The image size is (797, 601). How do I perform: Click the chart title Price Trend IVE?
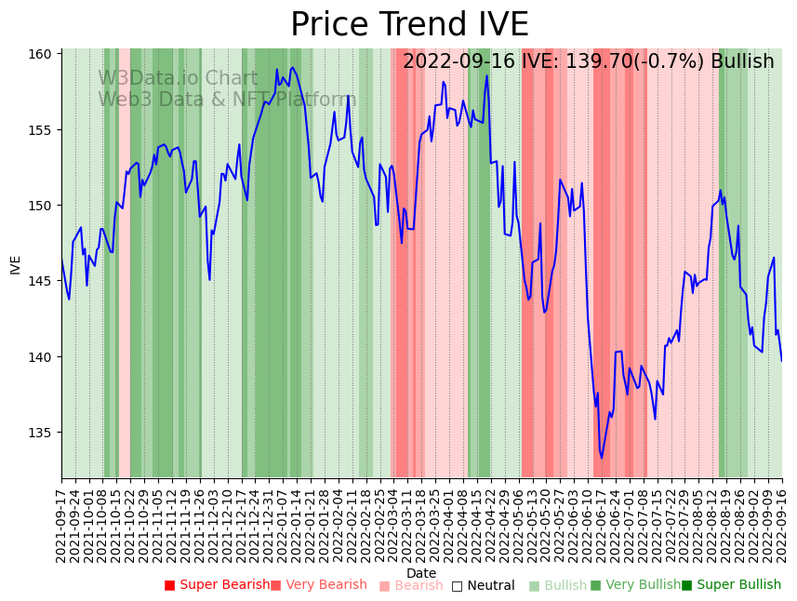click(x=409, y=25)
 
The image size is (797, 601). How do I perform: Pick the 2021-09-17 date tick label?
click(x=61, y=522)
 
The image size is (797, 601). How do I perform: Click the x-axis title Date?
click(x=421, y=574)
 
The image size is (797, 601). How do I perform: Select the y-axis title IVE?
click(x=16, y=264)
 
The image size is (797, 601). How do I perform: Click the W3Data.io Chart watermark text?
click(x=178, y=79)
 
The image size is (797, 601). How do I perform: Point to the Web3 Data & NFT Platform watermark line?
click(x=227, y=100)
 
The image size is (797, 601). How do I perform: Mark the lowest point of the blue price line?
click(x=602, y=458)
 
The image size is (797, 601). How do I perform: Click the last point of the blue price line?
click(x=781, y=361)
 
